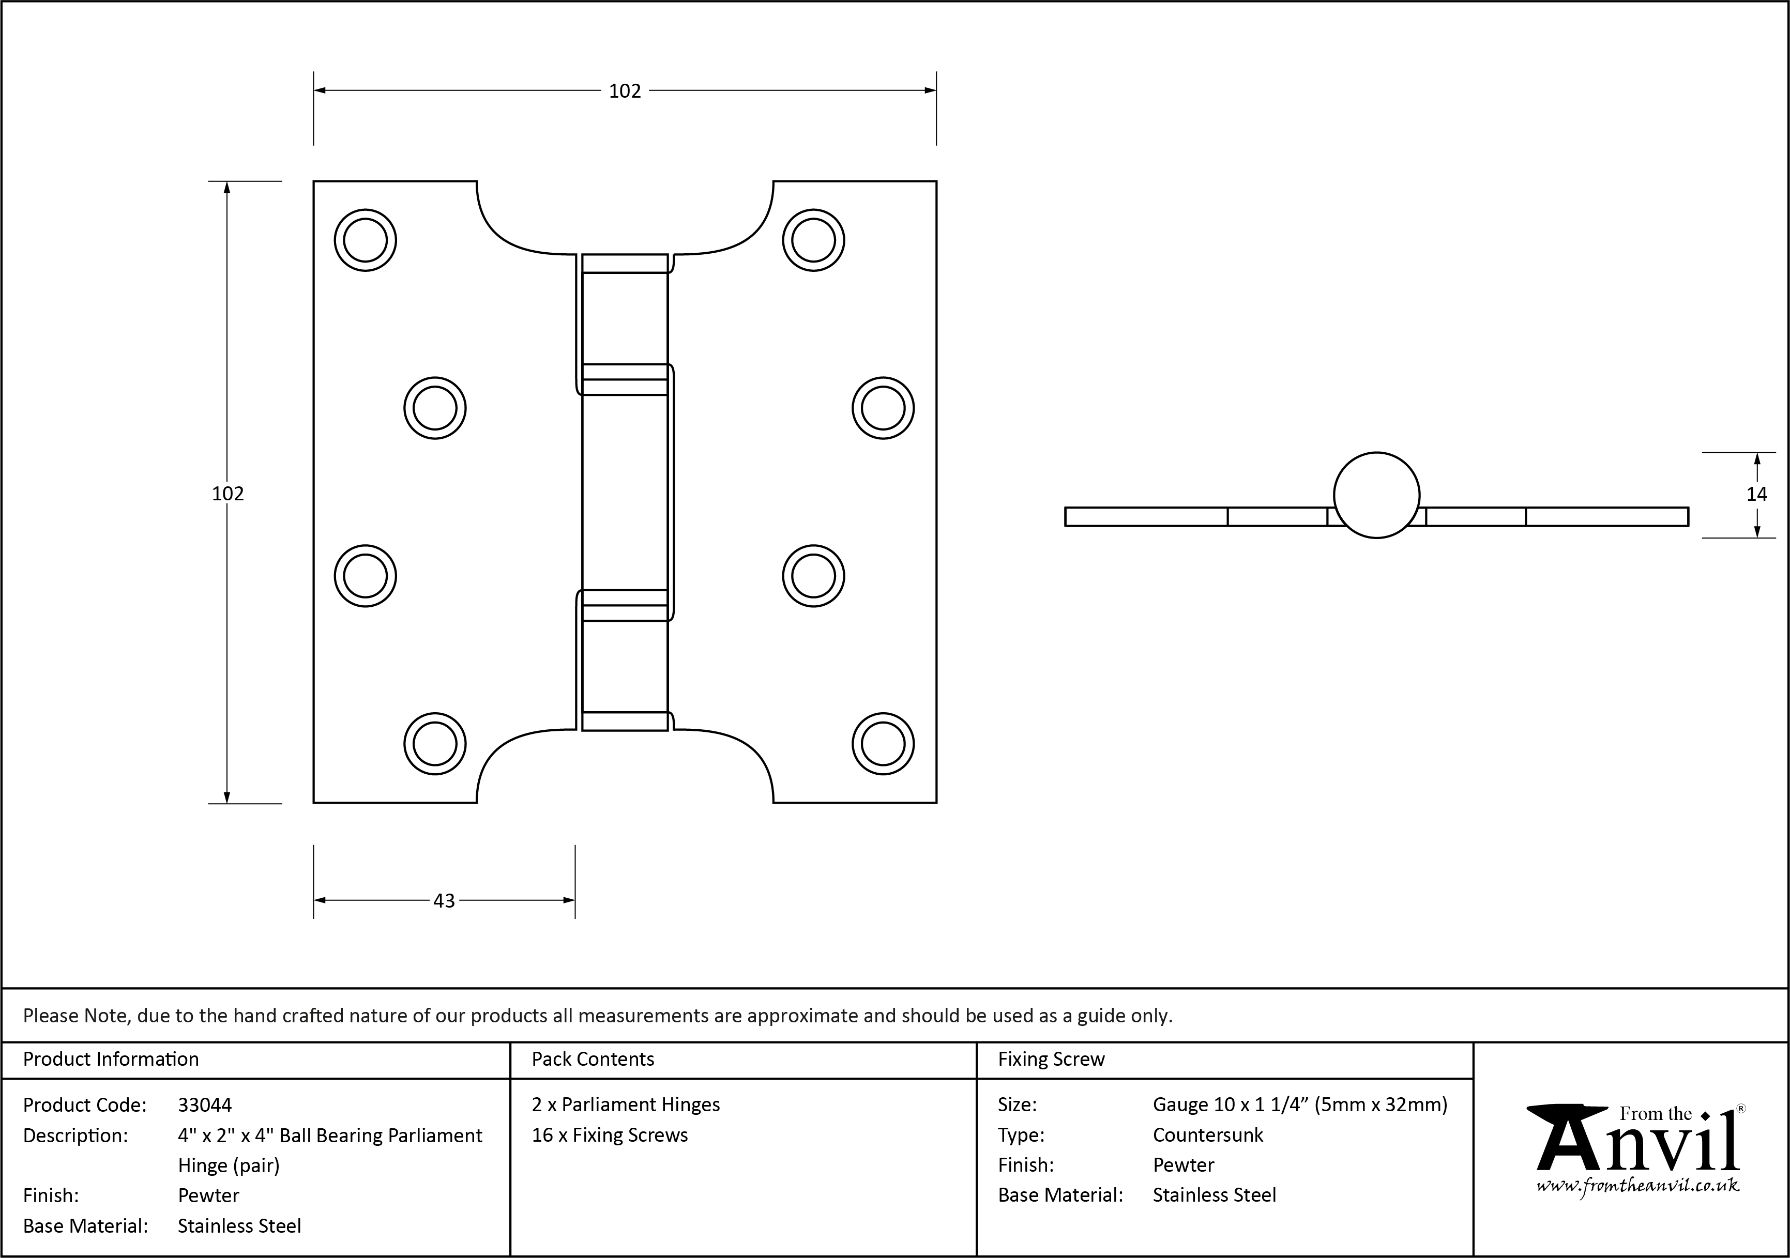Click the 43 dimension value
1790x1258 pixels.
pos(444,900)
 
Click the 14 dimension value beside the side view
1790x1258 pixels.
pos(1756,494)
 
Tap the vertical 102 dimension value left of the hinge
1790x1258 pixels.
pos(227,494)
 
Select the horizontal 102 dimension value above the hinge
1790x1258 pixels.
pos(625,91)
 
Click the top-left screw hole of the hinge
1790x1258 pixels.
pos(365,240)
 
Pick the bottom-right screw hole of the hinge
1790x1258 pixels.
pos(883,744)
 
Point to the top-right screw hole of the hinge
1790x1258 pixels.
pos(813,240)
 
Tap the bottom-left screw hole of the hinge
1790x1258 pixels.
pos(434,744)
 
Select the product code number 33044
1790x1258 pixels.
pos(204,1105)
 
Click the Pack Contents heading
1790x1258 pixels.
pos(593,1059)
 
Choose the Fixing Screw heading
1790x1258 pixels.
pos(1051,1059)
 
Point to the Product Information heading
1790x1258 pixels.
pos(111,1059)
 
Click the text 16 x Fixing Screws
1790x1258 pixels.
pos(610,1135)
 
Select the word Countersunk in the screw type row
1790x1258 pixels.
pos(1208,1135)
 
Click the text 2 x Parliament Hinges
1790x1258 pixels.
pos(625,1104)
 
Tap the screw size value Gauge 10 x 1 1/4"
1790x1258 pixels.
pos(1300,1104)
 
